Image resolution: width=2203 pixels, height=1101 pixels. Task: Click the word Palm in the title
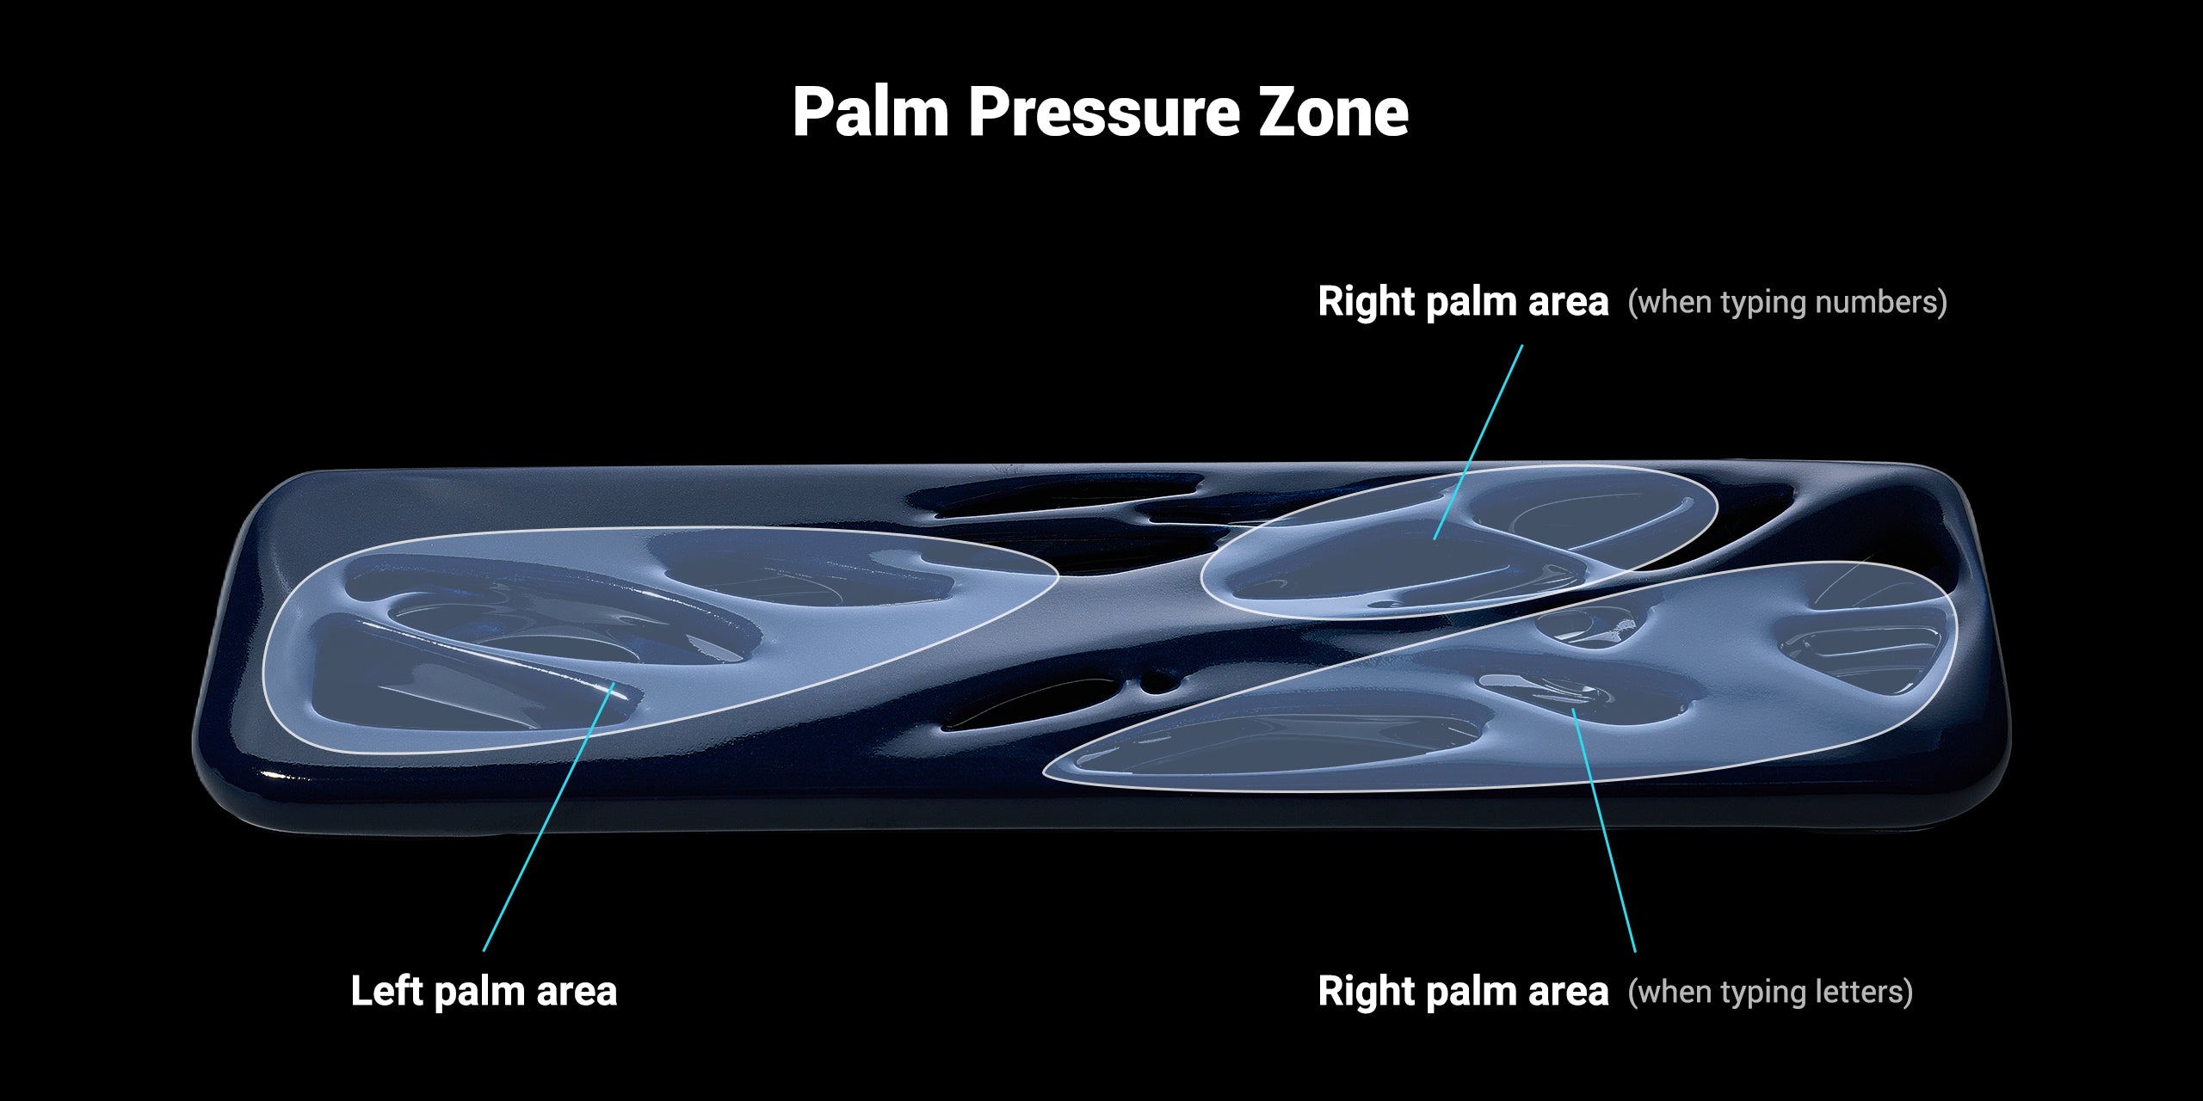869,112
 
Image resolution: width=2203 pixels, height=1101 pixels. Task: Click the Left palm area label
484,991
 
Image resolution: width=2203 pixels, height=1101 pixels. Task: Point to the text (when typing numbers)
1787,302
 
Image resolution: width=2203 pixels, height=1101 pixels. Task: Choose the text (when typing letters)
1770,992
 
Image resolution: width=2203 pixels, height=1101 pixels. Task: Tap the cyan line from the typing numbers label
1478,442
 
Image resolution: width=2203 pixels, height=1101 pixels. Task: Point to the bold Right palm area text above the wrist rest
1463,302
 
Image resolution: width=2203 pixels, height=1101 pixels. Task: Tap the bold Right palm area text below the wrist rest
1463,992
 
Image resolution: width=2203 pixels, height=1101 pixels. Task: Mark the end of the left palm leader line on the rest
613,682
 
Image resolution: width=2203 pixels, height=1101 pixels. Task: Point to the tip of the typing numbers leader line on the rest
1435,538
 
